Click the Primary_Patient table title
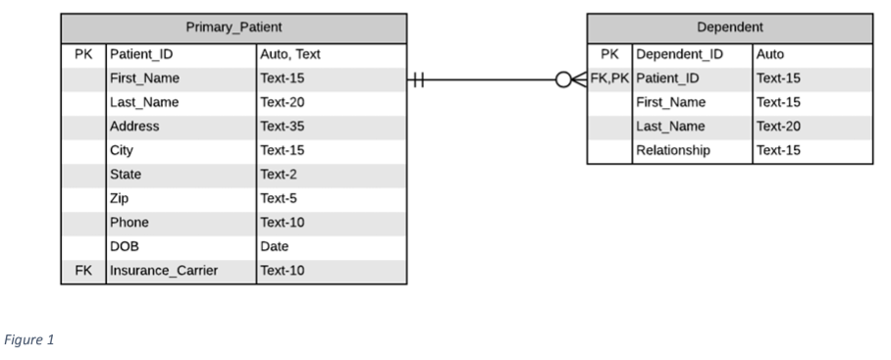pos(234,27)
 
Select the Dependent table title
pos(730,27)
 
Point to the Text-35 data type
pos(283,127)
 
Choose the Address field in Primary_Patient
pos(135,127)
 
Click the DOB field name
pos(127,247)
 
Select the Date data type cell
pos(275,247)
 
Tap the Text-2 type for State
pos(280,175)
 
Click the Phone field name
pos(131,223)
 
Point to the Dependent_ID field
pos(678,54)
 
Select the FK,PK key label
pos(609,78)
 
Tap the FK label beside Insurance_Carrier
pos(82,271)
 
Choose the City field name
pos(123,151)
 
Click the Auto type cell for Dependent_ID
pos(770,54)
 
